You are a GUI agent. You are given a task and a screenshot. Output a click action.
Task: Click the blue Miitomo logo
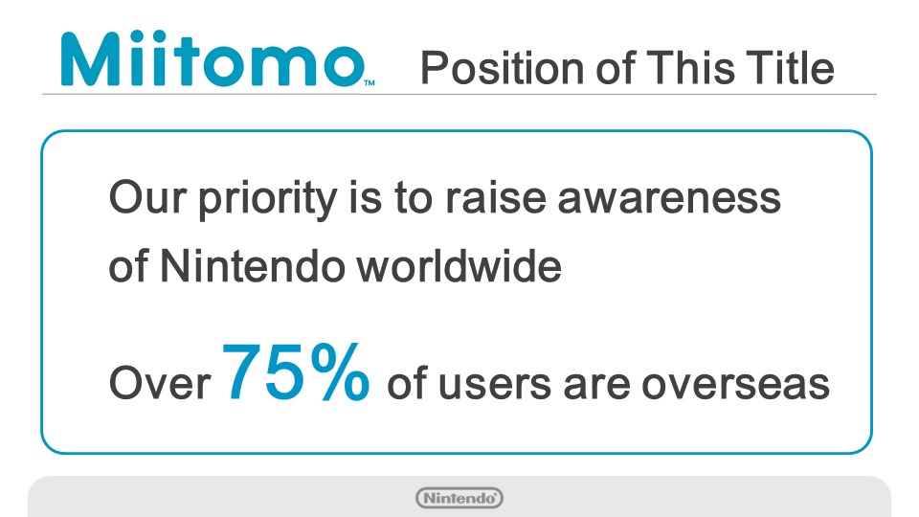coord(213,58)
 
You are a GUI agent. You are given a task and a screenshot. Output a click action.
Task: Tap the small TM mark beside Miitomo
coord(370,83)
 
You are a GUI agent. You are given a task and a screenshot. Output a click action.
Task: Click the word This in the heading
coord(690,67)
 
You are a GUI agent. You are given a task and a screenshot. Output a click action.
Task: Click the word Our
coord(148,198)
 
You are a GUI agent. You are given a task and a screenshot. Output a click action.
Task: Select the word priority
coord(268,200)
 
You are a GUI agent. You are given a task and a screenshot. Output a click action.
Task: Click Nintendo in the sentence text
coord(253,266)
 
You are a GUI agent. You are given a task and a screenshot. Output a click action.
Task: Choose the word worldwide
coord(459,266)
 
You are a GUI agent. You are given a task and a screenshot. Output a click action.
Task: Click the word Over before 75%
coord(160,383)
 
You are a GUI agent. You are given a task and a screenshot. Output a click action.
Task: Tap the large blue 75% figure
coord(296,371)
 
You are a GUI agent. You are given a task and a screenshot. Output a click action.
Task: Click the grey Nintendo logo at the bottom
coord(459,498)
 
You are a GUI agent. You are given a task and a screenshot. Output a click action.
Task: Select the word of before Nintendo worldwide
coord(129,266)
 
